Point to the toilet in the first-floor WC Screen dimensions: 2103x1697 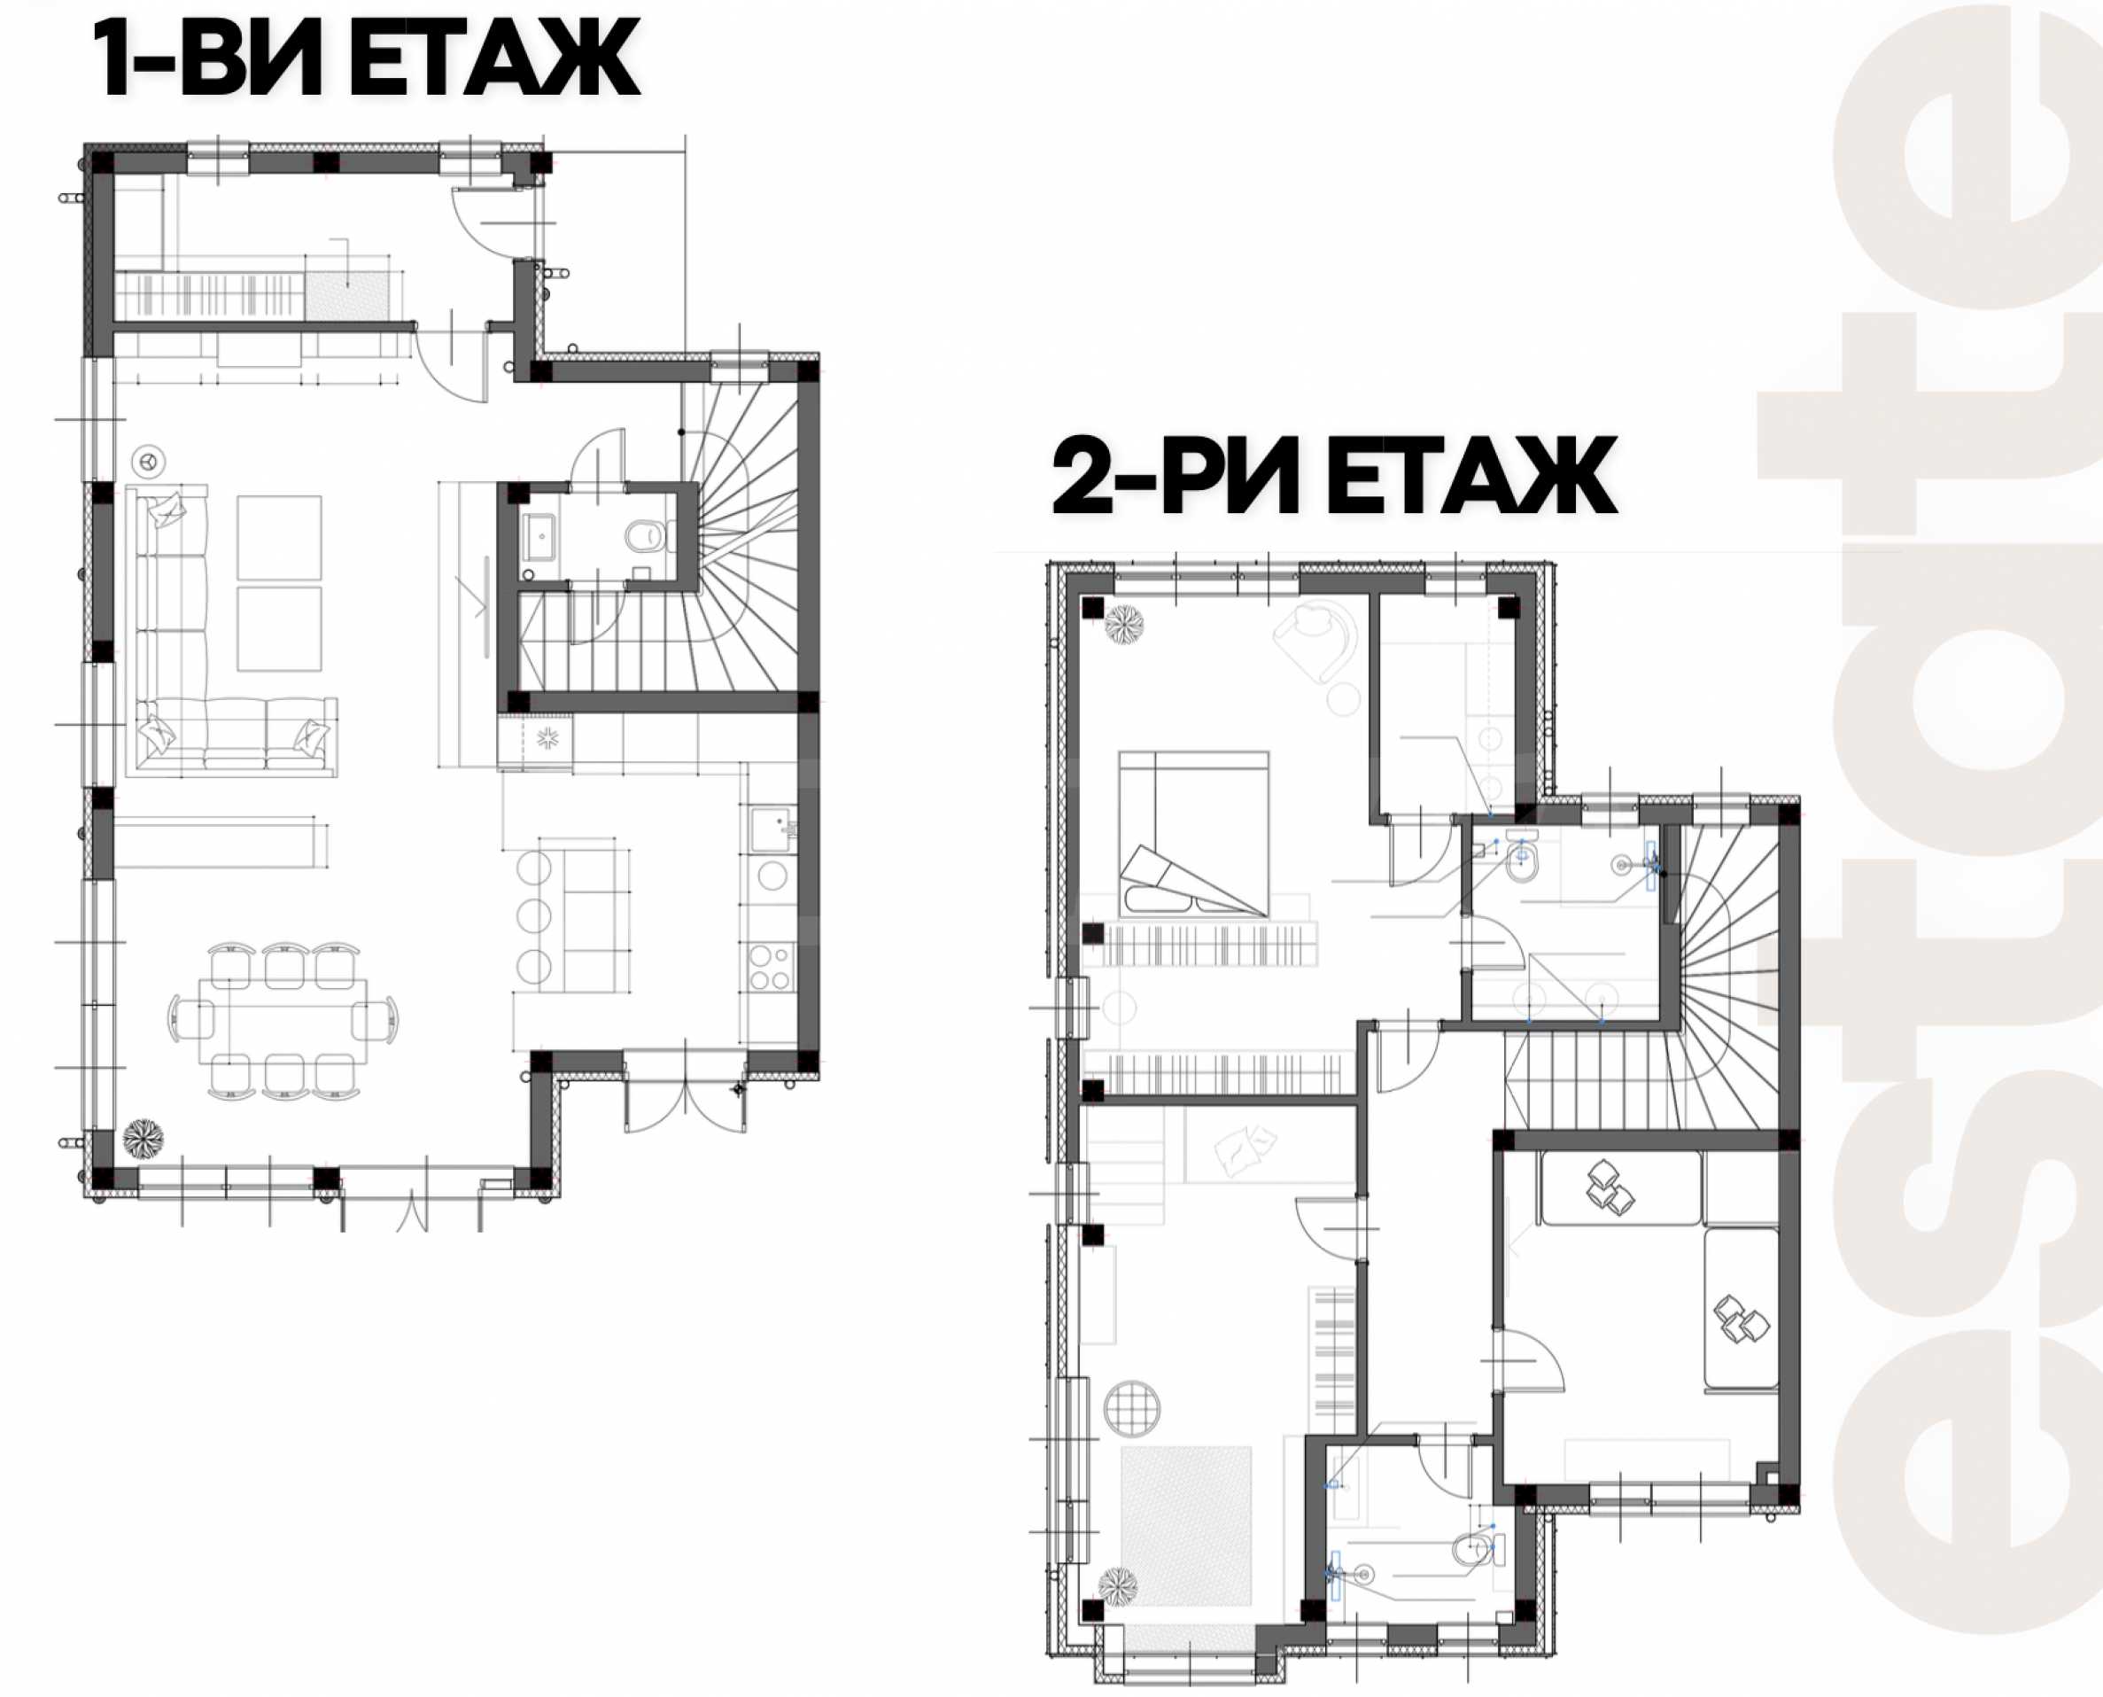645,536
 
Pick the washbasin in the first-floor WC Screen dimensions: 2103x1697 540,538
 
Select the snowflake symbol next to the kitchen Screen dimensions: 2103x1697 547,738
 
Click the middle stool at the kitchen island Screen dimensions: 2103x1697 533,916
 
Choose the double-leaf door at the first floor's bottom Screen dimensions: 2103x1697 685,1093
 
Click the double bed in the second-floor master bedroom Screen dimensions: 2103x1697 1193,834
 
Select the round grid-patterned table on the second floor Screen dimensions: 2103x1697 1131,1409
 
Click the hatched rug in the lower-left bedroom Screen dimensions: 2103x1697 1185,1526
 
